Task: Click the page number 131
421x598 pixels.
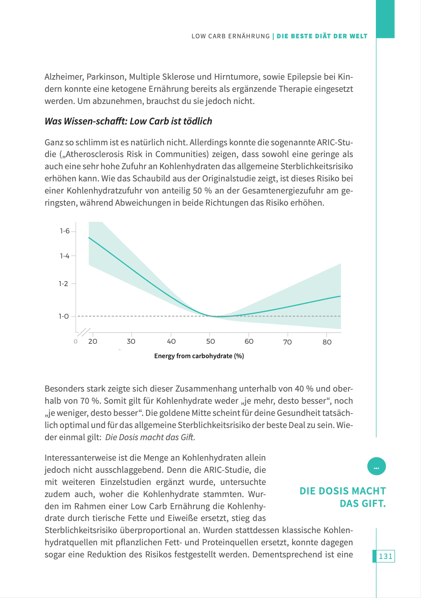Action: click(x=385, y=556)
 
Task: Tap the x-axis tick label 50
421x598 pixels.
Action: click(x=210, y=341)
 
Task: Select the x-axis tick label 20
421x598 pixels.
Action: click(x=93, y=341)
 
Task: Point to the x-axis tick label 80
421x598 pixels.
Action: click(x=327, y=342)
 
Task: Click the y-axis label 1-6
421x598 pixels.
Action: click(x=65, y=231)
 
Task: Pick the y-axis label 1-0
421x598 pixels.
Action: click(x=64, y=316)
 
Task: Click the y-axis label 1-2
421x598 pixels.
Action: click(x=64, y=284)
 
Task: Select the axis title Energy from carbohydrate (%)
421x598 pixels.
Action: click(x=199, y=356)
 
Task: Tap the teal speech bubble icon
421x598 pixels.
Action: click(x=376, y=466)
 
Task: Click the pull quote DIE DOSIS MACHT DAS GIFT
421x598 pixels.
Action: click(x=342, y=497)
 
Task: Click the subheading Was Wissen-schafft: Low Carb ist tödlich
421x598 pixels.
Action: click(x=128, y=121)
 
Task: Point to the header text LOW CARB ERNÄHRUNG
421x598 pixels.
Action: click(x=231, y=36)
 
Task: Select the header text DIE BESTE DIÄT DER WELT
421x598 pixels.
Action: click(x=322, y=36)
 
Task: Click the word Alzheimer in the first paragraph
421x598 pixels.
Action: click(x=63, y=77)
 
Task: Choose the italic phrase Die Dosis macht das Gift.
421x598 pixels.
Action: click(x=150, y=437)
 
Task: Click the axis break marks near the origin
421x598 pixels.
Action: click(x=84, y=332)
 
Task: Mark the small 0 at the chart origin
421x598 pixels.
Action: click(x=75, y=341)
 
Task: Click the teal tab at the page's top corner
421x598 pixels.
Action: click(x=385, y=19)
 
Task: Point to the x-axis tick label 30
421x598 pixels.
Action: click(x=131, y=341)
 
